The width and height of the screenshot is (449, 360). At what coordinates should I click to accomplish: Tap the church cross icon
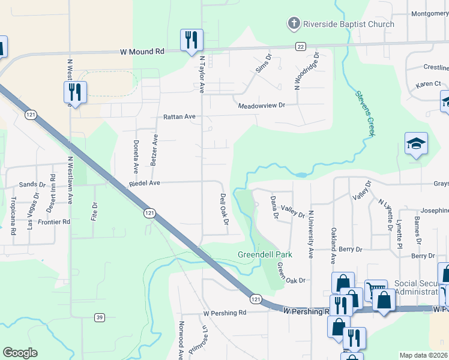click(294, 24)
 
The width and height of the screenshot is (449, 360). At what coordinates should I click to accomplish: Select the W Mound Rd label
click(142, 52)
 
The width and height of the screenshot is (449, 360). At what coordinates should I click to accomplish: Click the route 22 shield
click(300, 46)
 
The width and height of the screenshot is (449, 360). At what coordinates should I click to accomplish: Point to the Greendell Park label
click(265, 254)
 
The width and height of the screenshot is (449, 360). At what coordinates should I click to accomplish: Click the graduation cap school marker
click(416, 144)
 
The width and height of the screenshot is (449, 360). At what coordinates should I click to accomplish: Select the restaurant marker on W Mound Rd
click(192, 41)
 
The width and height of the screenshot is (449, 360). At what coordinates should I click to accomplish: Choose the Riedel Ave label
click(145, 183)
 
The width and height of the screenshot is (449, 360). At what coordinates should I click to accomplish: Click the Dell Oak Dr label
click(224, 209)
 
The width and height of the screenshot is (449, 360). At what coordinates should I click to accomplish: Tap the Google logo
click(20, 353)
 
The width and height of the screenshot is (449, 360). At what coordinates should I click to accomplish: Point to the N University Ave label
click(311, 234)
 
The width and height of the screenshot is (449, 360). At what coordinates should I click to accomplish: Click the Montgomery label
click(429, 13)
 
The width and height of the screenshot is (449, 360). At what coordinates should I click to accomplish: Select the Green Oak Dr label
click(291, 272)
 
